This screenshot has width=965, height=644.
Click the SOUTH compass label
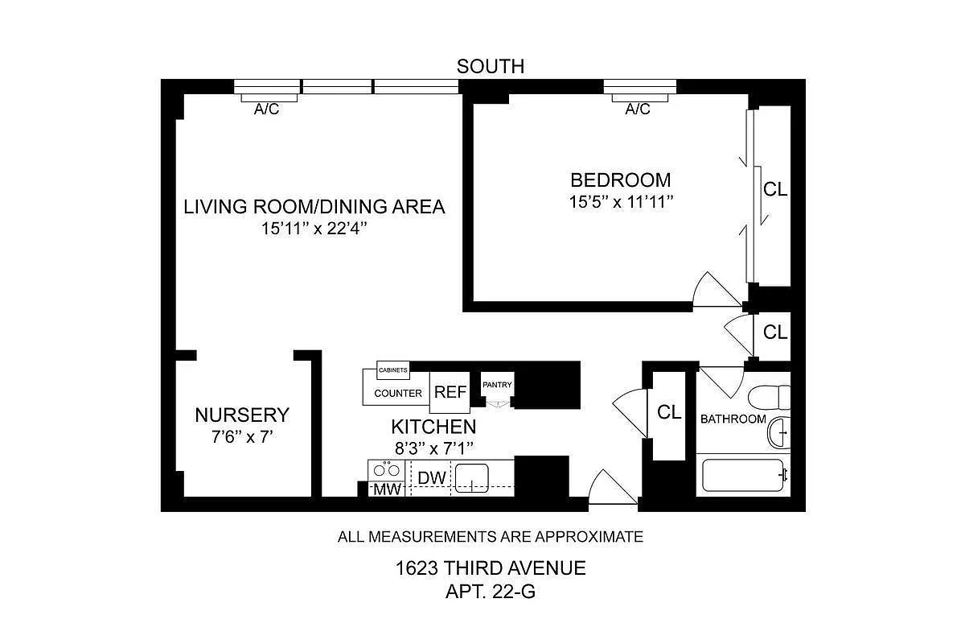click(491, 66)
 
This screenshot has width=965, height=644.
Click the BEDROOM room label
click(620, 180)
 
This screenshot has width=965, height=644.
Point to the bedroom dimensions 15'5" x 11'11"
click(620, 202)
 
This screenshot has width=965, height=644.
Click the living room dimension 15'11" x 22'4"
click(314, 229)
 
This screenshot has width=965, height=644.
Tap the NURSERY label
click(241, 415)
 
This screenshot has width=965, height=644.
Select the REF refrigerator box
click(450, 393)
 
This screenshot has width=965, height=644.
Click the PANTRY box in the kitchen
click(497, 385)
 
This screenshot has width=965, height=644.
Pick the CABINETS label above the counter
click(393, 371)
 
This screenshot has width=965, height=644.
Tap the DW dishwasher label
click(432, 478)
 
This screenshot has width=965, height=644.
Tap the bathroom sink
click(777, 433)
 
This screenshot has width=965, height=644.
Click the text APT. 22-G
click(490, 593)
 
